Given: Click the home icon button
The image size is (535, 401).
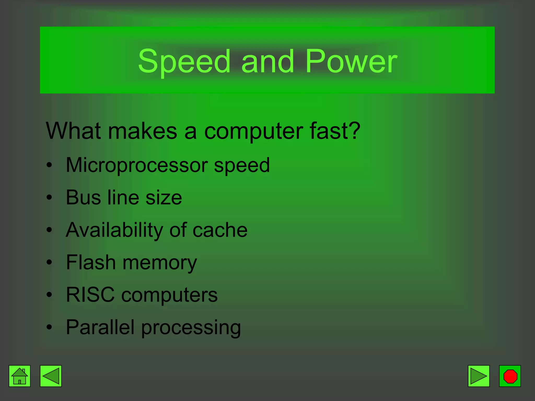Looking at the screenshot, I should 20,376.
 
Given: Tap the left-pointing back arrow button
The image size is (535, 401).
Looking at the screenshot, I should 51,376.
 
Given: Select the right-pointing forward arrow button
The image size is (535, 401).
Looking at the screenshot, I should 479,376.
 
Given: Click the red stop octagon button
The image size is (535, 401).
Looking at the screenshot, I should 510,376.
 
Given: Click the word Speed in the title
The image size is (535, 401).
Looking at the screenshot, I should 184,62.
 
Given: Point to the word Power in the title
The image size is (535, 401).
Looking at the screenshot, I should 351,62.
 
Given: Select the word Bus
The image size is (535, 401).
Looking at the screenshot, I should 83,197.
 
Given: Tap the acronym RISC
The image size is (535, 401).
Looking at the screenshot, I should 90,295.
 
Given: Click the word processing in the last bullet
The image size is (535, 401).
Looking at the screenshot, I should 191,328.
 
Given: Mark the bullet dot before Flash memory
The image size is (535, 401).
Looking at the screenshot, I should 49,262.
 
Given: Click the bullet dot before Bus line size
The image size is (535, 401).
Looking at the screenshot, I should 49,198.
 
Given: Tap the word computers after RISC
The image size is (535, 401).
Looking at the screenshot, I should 169,295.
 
